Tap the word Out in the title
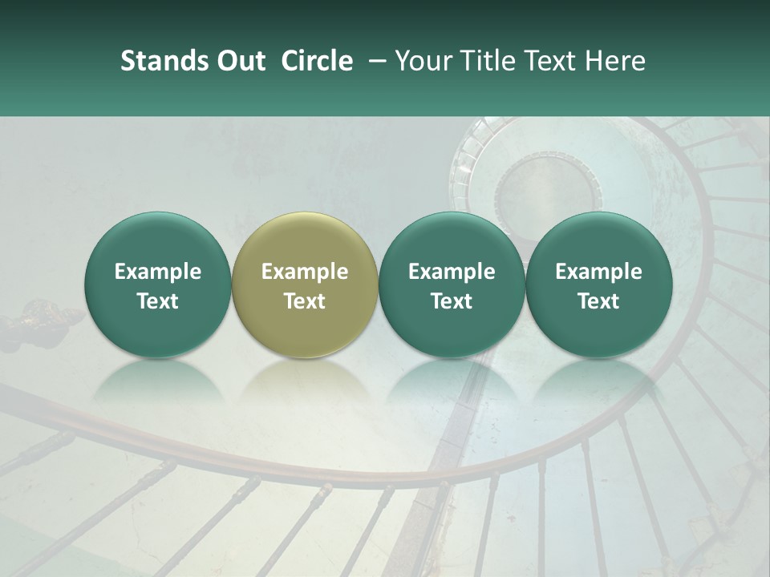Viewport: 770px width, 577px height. point(240,61)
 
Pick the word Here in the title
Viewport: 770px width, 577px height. point(617,61)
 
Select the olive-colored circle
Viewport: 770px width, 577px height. point(305,284)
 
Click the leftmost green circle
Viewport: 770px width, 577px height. point(158,284)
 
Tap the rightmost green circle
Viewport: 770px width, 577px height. point(599,284)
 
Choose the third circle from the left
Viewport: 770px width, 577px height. point(452,284)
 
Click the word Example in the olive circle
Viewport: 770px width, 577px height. point(305,272)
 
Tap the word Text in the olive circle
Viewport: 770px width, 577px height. point(305,301)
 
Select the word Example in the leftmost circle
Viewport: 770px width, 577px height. point(158,272)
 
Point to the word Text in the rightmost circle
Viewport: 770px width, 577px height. point(599,301)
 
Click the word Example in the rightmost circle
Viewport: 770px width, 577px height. point(599,272)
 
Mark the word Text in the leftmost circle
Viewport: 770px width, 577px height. point(158,301)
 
